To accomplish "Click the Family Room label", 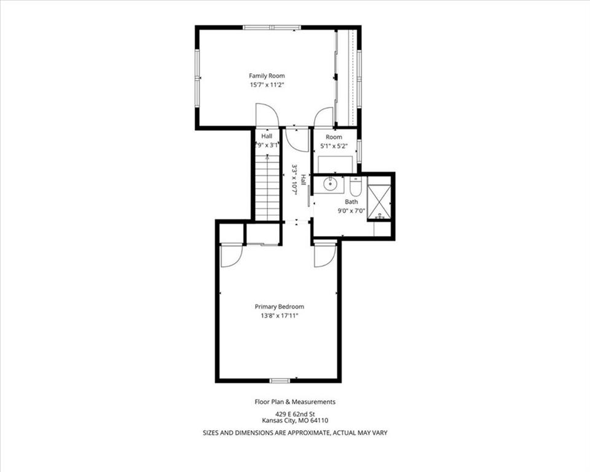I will [x=267, y=76].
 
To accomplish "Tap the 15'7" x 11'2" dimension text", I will [x=267, y=85].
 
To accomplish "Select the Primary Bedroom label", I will [x=279, y=307].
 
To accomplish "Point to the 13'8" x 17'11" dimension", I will [x=279, y=316].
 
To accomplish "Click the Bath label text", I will [x=351, y=202].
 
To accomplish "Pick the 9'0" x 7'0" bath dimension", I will [x=351, y=210].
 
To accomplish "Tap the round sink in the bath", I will [x=332, y=183].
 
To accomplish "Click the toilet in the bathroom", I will [x=356, y=185].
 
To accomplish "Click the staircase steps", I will [x=267, y=187].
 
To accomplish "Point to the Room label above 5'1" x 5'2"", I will [x=334, y=136].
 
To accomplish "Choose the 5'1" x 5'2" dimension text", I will [x=334, y=146].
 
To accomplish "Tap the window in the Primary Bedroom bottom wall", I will [x=280, y=380].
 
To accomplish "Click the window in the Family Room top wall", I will [x=272, y=27].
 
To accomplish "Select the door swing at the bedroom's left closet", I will [x=230, y=256].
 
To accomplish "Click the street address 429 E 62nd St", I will [x=295, y=413].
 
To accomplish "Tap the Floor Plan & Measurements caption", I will [x=295, y=402].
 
